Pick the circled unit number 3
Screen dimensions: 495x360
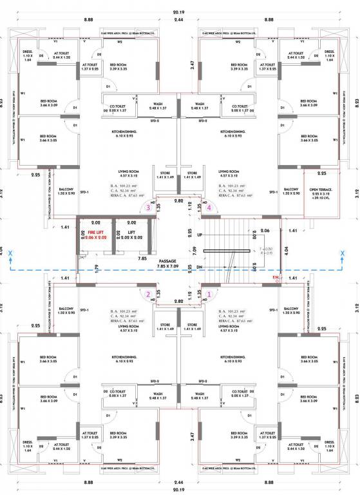pyautogui.click(x=149, y=208)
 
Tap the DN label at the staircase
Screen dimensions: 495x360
pyautogui.click(x=198, y=267)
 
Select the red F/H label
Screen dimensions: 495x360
pyautogui.click(x=276, y=278)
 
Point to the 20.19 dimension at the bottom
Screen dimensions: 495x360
pyautogui.click(x=180, y=489)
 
